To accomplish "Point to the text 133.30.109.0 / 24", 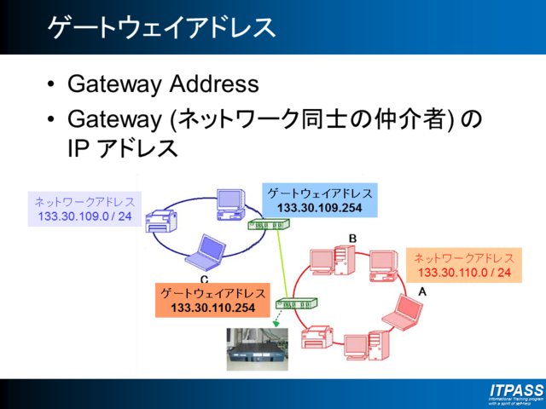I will (84, 217).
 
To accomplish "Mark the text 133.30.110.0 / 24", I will (464, 273).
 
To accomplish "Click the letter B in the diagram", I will (352, 236).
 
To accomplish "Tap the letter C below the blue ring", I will (204, 279).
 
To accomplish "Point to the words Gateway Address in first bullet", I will (162, 84).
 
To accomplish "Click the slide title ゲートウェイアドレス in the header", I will (161, 26).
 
